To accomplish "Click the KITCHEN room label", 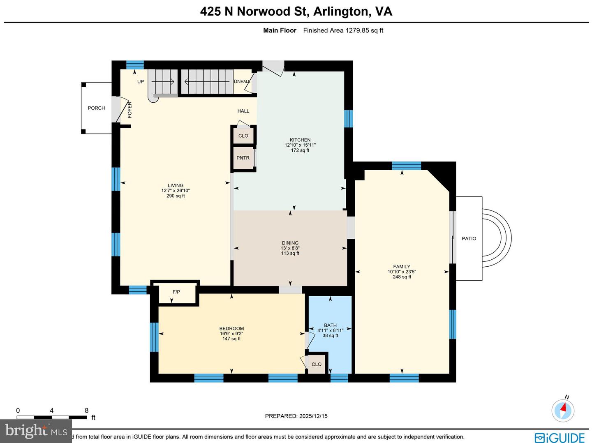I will (300, 140).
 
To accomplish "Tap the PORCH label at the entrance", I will (96, 108).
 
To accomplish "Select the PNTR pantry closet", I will (243, 158).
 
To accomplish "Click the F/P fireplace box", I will (176, 292).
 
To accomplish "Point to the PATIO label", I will (469, 238).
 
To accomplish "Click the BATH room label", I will (330, 325).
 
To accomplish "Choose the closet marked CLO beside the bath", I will (316, 365).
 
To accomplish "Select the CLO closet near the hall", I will (243, 136).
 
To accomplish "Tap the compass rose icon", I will (562, 410).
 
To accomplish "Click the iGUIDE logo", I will (560, 437).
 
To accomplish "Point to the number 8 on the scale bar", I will (86, 411).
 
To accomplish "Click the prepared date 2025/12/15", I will (313, 416).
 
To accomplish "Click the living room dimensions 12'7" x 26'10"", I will (176, 191).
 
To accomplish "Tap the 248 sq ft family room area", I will (402, 277).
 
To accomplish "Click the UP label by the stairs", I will (141, 82).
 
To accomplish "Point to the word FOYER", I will (130, 110).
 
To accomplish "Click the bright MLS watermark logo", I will (36, 431).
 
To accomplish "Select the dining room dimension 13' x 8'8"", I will (290, 248).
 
